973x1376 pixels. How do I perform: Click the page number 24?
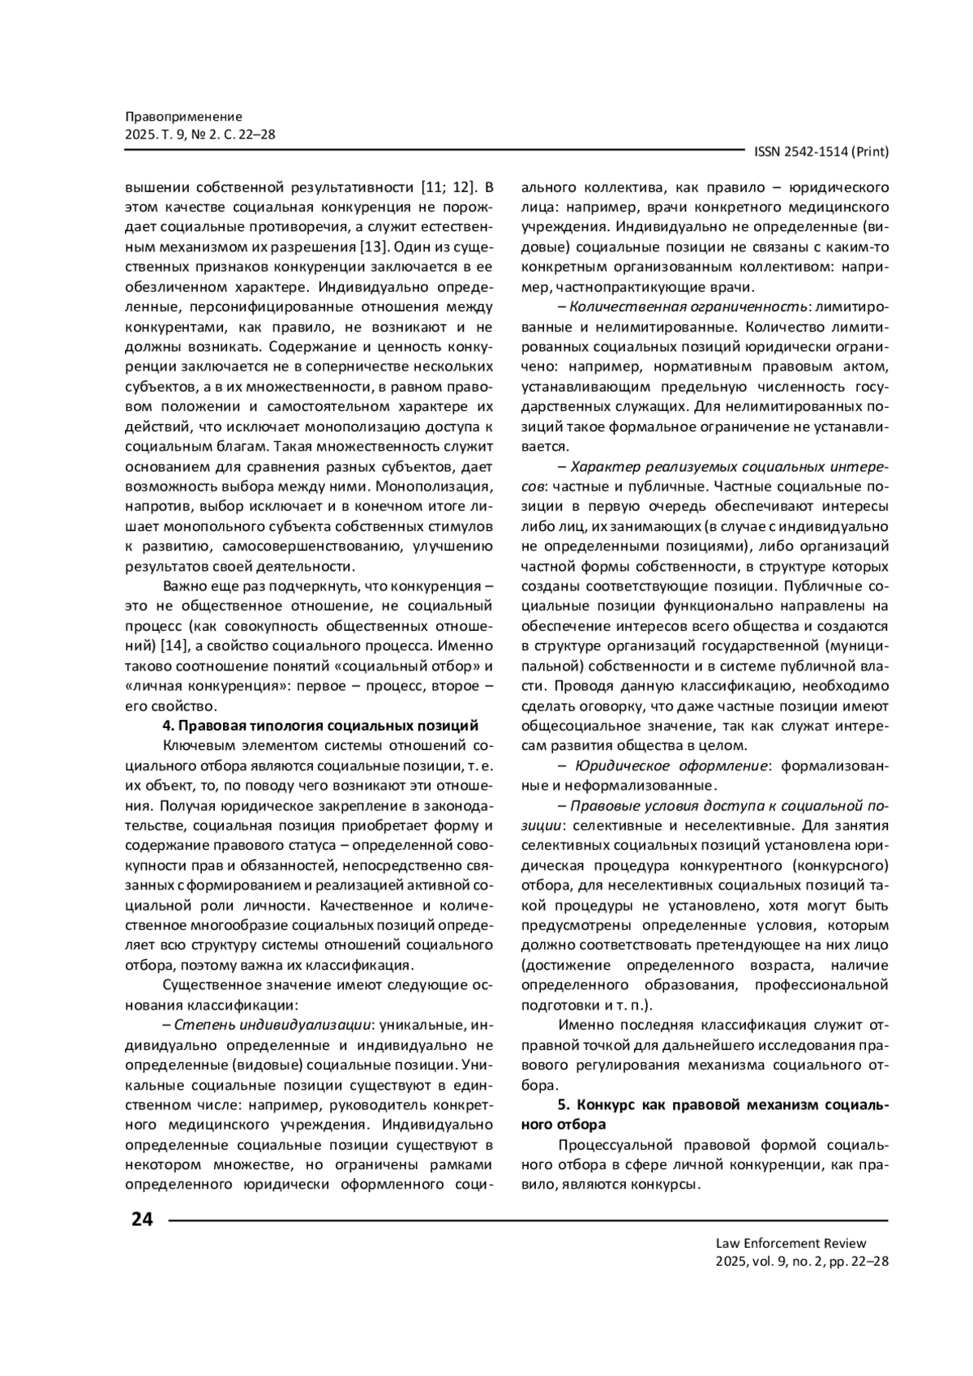pyautogui.click(x=141, y=1219)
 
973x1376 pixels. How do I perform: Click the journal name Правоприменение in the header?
pyautogui.click(x=184, y=117)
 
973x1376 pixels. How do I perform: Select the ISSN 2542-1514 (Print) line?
pyautogui.click(x=821, y=152)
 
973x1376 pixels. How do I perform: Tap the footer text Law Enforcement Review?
pyautogui.click(x=791, y=1243)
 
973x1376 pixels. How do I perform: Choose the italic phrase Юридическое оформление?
pyautogui.click(x=671, y=766)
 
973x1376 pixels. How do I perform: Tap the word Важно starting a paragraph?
pyautogui.click(x=183, y=586)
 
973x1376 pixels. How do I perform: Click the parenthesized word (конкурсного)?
pyautogui.click(x=847, y=865)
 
